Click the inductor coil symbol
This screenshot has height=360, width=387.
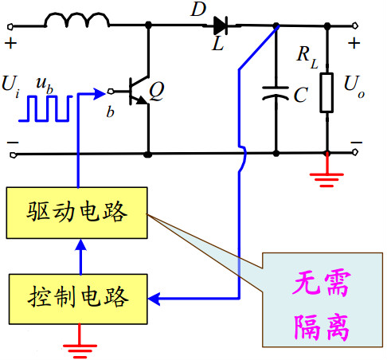(x=76, y=20)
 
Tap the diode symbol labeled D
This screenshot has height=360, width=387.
(x=220, y=25)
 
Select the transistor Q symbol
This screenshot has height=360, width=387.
(x=139, y=89)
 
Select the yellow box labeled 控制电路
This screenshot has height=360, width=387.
(x=77, y=299)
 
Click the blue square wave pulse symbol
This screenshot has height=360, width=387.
(x=49, y=108)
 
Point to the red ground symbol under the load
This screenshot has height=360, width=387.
(x=326, y=174)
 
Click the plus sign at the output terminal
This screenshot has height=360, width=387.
(x=355, y=41)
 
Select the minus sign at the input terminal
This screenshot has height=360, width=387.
(x=12, y=144)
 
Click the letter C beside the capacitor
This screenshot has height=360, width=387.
(x=299, y=96)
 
